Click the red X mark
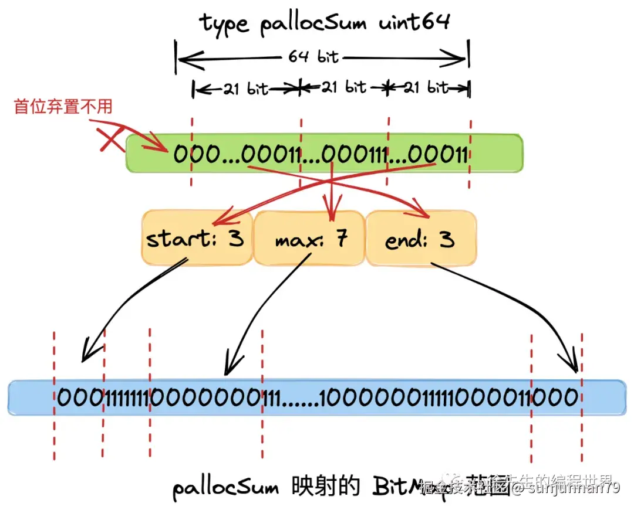(x=112, y=139)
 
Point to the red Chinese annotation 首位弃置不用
(x=63, y=107)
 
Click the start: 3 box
(x=195, y=239)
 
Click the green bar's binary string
(x=321, y=155)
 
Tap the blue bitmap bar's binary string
(x=317, y=398)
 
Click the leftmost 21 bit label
(x=245, y=89)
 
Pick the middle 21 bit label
(x=344, y=87)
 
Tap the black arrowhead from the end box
(x=573, y=363)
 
